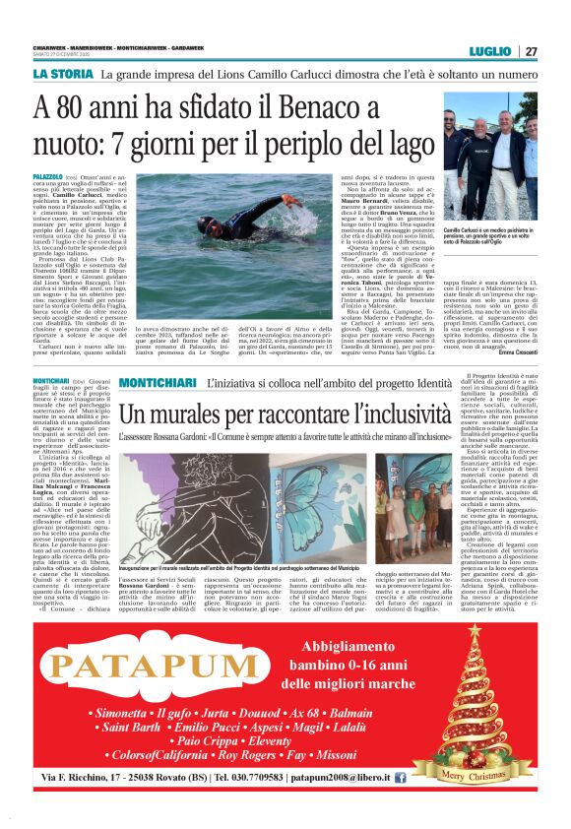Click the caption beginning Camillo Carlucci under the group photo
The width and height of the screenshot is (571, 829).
point(490,258)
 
